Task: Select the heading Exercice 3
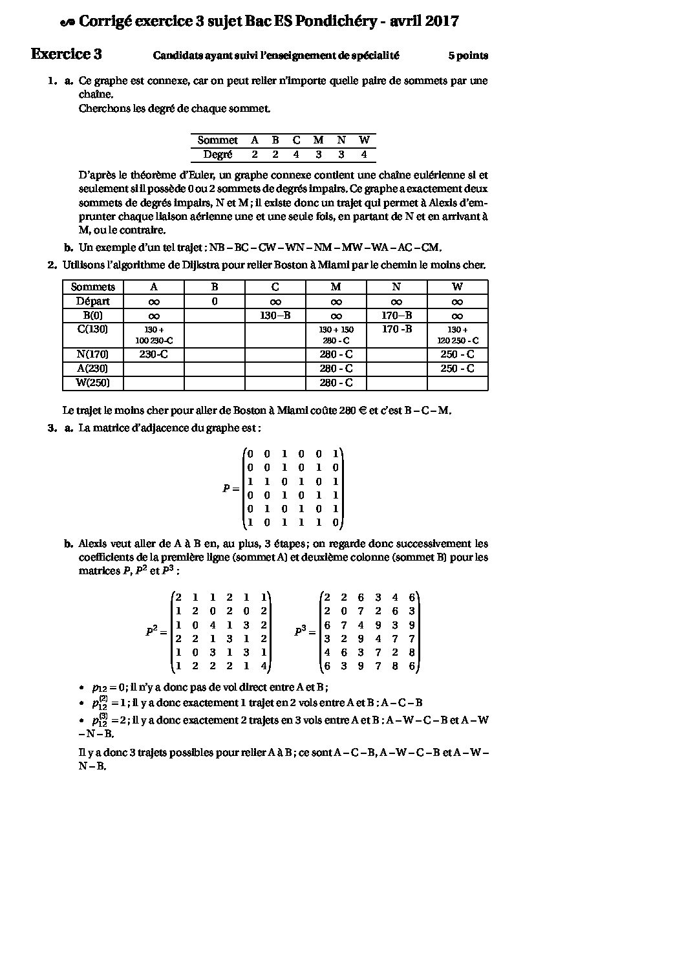click(x=66, y=54)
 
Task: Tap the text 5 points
click(x=468, y=56)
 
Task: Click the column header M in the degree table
click(x=318, y=140)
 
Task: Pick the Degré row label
click(x=217, y=155)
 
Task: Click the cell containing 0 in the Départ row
click(x=214, y=301)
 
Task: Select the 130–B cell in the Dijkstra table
click(x=275, y=316)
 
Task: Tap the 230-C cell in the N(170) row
click(x=153, y=354)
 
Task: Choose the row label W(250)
click(x=92, y=383)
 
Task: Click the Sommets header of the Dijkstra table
click(x=92, y=287)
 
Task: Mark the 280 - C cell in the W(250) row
click(x=336, y=383)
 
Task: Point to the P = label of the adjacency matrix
click(x=231, y=489)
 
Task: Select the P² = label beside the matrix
click(x=156, y=631)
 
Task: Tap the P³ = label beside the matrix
click(x=305, y=631)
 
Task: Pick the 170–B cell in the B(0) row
click(x=396, y=316)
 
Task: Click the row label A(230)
click(x=92, y=369)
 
